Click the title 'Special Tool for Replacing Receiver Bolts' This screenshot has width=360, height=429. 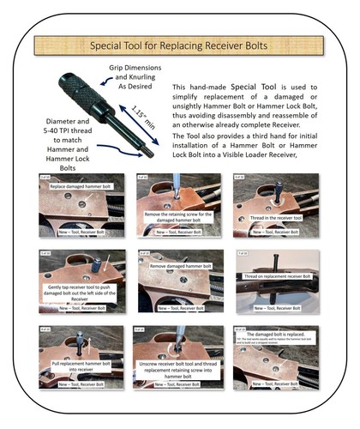tap(179, 42)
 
